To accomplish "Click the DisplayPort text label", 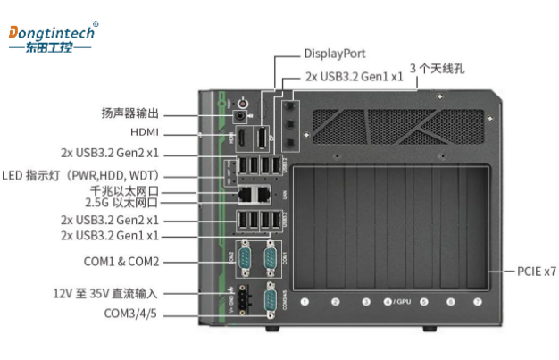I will (335, 54).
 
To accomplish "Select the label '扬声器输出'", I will (129, 113).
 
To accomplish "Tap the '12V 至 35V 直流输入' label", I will (104, 293).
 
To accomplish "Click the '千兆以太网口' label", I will (125, 190).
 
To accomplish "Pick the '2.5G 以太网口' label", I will (127, 203).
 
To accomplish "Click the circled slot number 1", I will (305, 302).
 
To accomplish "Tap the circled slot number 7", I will (478, 302).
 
